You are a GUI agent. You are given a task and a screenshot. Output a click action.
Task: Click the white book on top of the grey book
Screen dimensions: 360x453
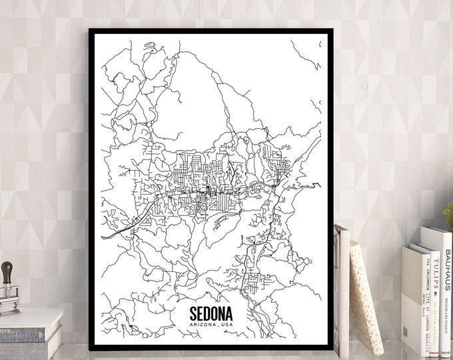tap(30, 317)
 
